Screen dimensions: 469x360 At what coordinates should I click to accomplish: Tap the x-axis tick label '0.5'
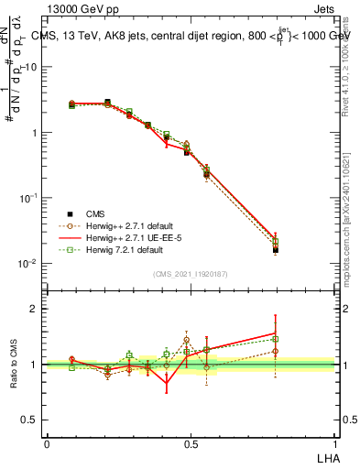click(x=191, y=443)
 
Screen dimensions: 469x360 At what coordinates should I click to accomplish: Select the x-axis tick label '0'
click(x=47, y=443)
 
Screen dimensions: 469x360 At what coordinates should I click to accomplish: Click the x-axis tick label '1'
click(x=334, y=443)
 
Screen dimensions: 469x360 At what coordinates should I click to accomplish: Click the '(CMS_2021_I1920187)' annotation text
click(x=191, y=272)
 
